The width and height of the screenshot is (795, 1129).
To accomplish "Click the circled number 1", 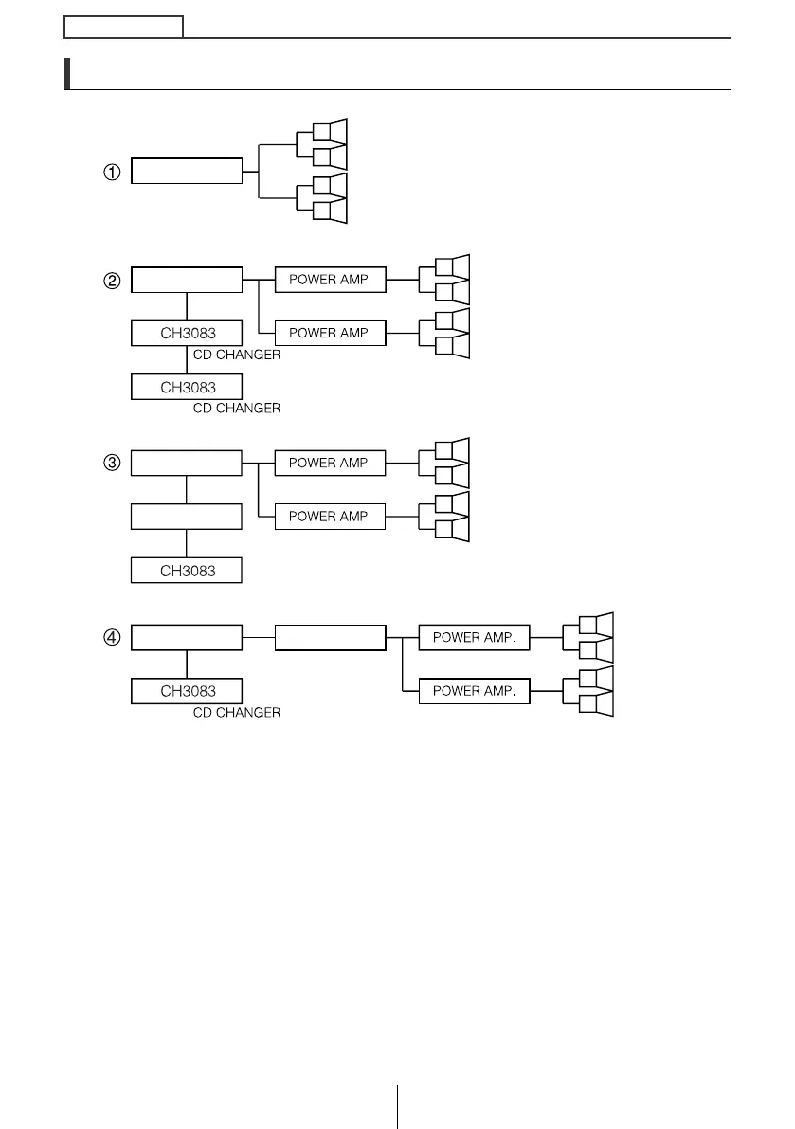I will [x=112, y=173].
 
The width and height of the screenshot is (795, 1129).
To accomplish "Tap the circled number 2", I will [x=112, y=281].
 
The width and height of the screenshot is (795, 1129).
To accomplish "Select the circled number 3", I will [x=112, y=464].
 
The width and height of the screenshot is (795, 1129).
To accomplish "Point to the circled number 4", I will [x=112, y=638].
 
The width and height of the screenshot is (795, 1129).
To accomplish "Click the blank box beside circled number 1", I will [x=187, y=172].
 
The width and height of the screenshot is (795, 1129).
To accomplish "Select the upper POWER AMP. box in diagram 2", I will [x=330, y=281].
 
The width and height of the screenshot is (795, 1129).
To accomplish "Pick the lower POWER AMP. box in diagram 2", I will [x=330, y=334].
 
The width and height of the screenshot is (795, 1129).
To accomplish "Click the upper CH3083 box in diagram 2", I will [x=187, y=334].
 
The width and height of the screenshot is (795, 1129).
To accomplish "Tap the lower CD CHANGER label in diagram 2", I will [x=237, y=409].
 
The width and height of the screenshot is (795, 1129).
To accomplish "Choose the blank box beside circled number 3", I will [x=187, y=464].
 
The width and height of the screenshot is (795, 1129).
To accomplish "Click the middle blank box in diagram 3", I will [x=187, y=517].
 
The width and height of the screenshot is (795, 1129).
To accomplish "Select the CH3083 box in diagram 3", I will [x=187, y=571].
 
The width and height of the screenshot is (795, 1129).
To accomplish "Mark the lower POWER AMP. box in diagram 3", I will [x=330, y=517].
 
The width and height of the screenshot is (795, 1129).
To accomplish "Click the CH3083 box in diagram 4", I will [x=187, y=691].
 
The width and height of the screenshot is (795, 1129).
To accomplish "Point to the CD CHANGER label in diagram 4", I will [x=237, y=713].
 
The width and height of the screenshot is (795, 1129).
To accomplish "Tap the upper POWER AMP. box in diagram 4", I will [x=474, y=638].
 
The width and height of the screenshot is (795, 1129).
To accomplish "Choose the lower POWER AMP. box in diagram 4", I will [x=474, y=691].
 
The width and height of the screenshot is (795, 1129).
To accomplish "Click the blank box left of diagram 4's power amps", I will [x=330, y=638].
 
